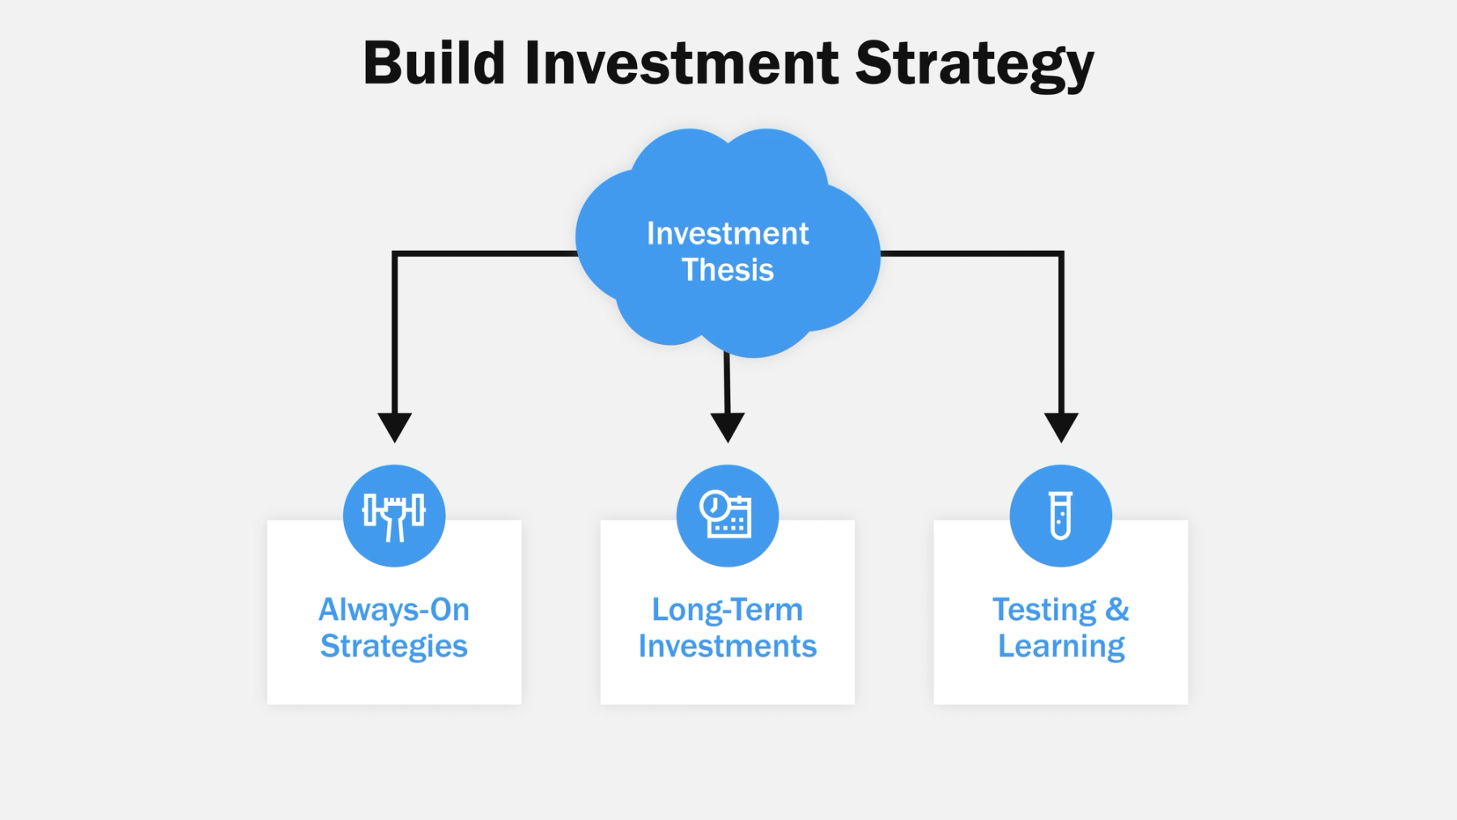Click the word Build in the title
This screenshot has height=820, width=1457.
[434, 63]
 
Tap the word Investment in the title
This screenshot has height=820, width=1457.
[682, 63]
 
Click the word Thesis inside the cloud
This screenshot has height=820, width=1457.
[727, 270]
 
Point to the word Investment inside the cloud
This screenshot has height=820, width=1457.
[727, 234]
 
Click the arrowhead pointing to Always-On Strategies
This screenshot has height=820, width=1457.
[395, 427]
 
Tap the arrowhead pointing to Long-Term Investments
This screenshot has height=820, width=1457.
[728, 427]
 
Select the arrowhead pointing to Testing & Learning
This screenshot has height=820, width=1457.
[1060, 427]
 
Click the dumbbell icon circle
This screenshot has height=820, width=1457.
[394, 516]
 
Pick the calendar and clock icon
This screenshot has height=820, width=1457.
[727, 516]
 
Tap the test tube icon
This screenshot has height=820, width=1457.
[1060, 516]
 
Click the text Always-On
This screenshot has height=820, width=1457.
[394, 610]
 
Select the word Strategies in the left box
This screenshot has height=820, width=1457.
[394, 646]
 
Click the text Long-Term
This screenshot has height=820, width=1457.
[727, 610]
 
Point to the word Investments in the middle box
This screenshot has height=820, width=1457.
[727, 646]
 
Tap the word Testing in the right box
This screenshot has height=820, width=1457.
[1044, 610]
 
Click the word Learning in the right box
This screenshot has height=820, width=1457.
[1060, 647]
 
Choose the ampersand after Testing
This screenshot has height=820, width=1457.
[1117, 610]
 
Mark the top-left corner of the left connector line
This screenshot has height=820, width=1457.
[395, 254]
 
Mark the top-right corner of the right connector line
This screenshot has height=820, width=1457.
[1060, 254]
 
